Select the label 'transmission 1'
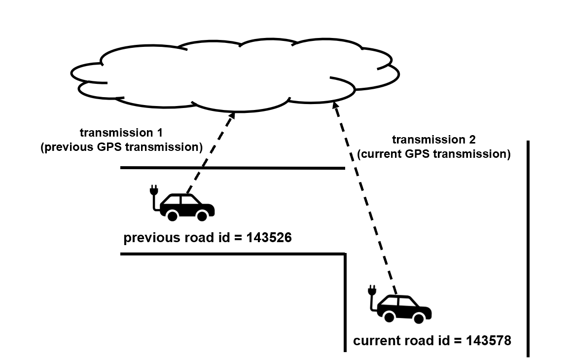point(121,133)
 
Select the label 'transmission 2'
point(433,140)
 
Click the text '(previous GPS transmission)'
point(121,146)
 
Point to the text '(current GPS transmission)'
point(433,154)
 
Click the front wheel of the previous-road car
point(202,216)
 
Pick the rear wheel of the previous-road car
point(172,216)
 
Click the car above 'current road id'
point(404,309)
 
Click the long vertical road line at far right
point(528,247)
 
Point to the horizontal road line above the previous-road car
point(232,168)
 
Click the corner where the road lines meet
point(344,254)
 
